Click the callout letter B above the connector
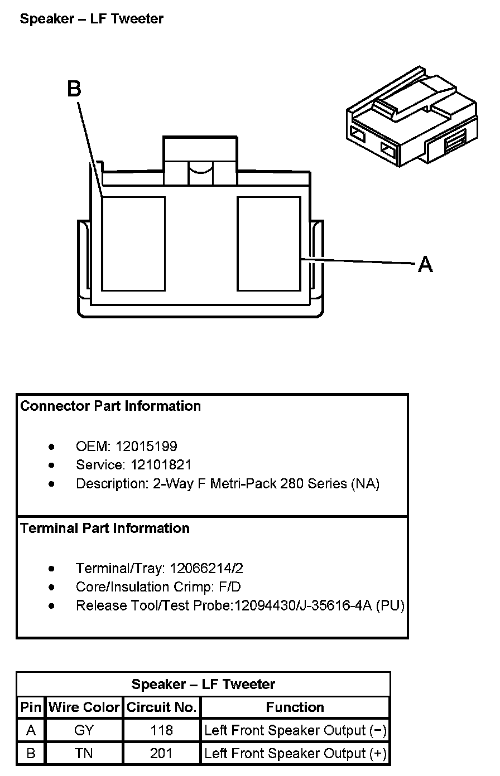point(74,89)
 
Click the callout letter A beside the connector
point(425,264)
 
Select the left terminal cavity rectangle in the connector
point(133,244)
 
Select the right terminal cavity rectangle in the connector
point(269,244)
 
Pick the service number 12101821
point(161,464)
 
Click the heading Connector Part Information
point(110,406)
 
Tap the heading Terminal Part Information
point(105,528)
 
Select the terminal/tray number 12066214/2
point(206,568)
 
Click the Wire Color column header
point(84,707)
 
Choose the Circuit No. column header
point(162,707)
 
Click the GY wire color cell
point(84,730)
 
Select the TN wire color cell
point(84,753)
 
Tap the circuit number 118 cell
point(161,730)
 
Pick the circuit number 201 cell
point(161,753)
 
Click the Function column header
point(295,707)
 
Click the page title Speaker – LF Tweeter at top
point(92,18)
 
